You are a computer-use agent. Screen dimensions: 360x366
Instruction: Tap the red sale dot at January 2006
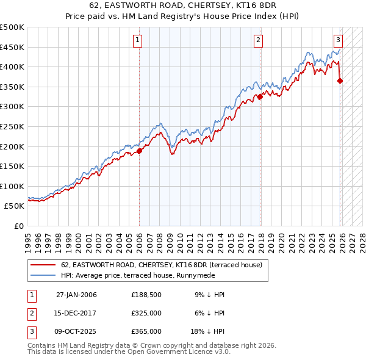(139, 151)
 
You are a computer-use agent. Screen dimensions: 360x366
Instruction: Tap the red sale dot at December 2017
(260, 96)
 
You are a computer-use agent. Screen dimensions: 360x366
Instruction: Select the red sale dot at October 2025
(340, 81)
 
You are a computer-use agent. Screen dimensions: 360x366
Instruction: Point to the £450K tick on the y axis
(12, 47)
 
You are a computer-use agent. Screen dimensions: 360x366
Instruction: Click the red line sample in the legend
(43, 265)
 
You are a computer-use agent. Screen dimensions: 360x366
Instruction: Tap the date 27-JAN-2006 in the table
(76, 295)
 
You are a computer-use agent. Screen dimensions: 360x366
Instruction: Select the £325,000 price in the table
(146, 313)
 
